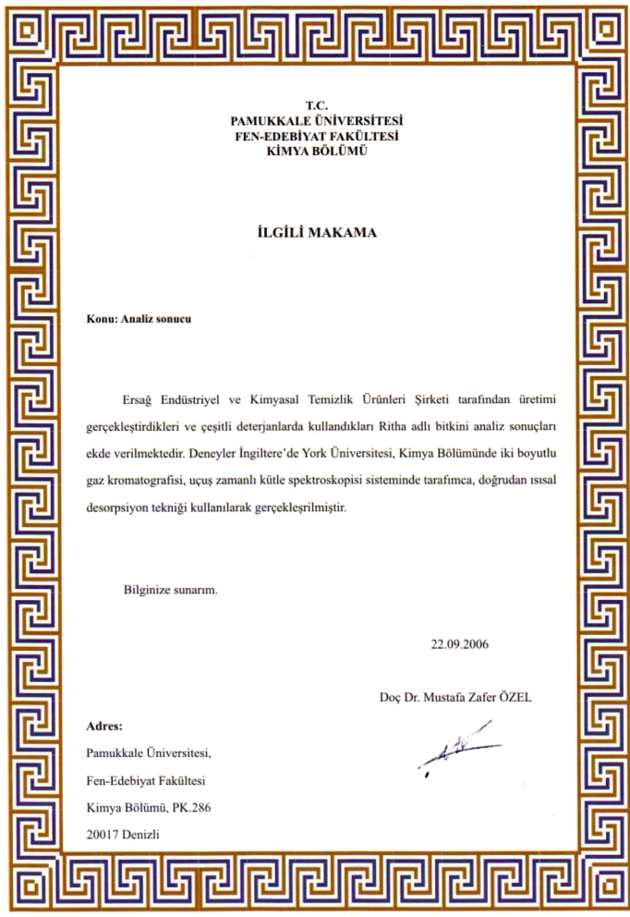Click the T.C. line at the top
coord(316,105)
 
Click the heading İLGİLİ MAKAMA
coord(316,232)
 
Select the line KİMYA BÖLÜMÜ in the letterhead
coord(317,150)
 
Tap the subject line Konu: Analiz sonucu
coord(139,319)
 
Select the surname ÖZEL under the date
coord(513,696)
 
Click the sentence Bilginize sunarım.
coord(171,589)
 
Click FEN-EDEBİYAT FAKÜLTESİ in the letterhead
coord(317,135)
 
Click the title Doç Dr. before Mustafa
coord(401,696)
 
